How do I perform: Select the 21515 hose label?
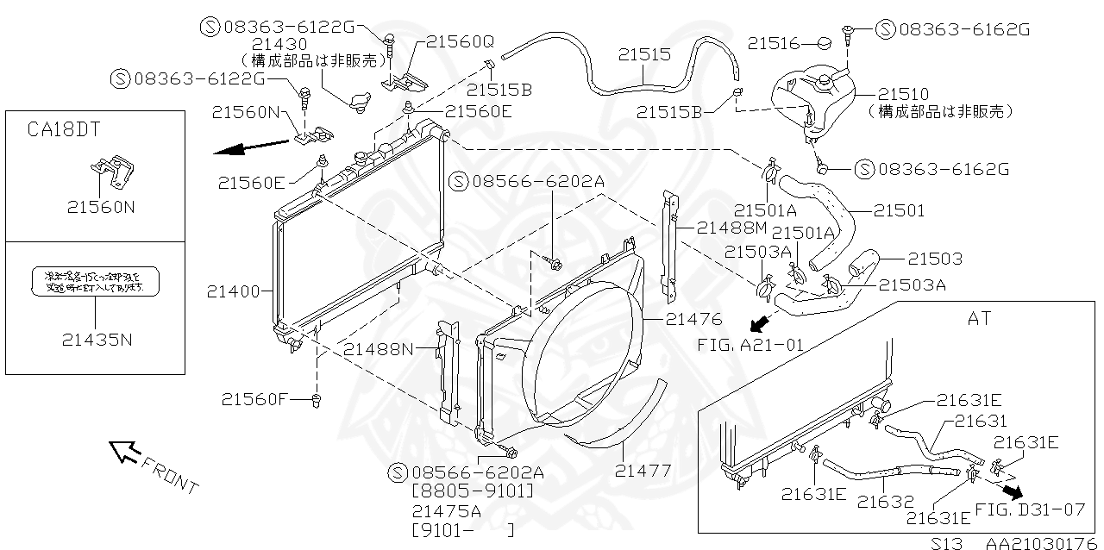coord(643,54)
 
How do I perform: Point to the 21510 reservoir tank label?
coord(903,94)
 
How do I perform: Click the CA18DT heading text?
coord(64,129)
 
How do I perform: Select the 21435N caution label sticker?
coord(96,282)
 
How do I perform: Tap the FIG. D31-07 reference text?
coord(1030,509)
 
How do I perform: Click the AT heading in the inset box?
coord(979,318)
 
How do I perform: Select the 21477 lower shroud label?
coord(643,471)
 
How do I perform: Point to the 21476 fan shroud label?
coord(693,319)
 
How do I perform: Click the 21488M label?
coord(731,228)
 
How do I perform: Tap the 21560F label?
coord(252,399)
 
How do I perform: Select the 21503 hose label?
coord(934,259)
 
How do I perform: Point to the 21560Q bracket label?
coord(460,41)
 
